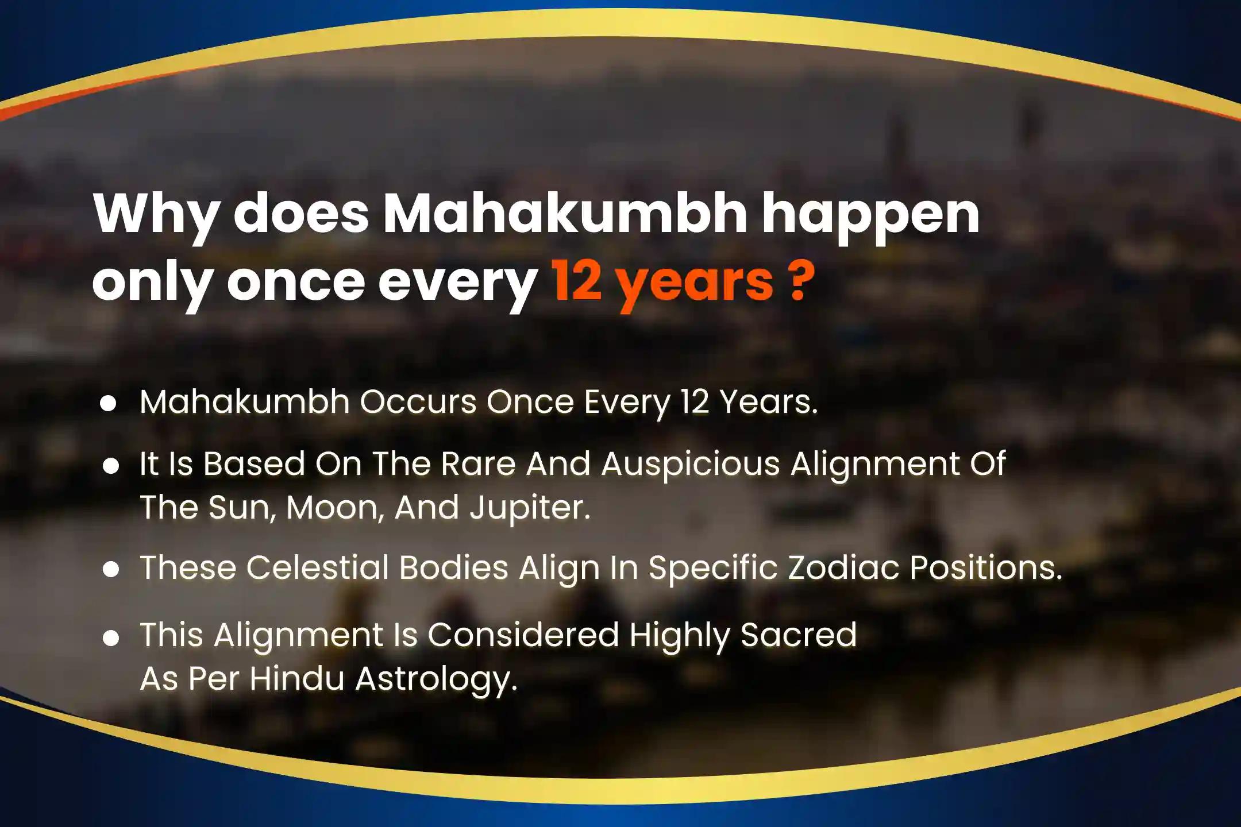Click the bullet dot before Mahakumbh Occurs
click(x=109, y=404)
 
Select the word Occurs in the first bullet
click(x=418, y=401)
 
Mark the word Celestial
click(x=318, y=567)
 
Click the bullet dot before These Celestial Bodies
click(x=111, y=570)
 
